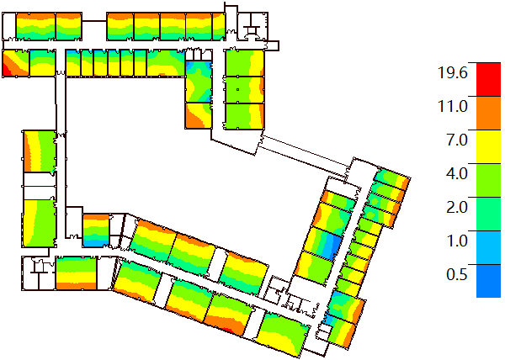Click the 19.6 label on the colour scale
coord(452,72)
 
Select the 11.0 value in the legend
coord(452,107)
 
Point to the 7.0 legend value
coord(457,140)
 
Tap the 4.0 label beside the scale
coord(457,174)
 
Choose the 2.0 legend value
coord(457,207)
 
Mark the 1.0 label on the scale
coord(457,241)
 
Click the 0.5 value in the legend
coord(457,274)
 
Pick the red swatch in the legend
coord(488,79)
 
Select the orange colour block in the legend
coord(488,113)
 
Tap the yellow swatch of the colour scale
coord(488,146)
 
